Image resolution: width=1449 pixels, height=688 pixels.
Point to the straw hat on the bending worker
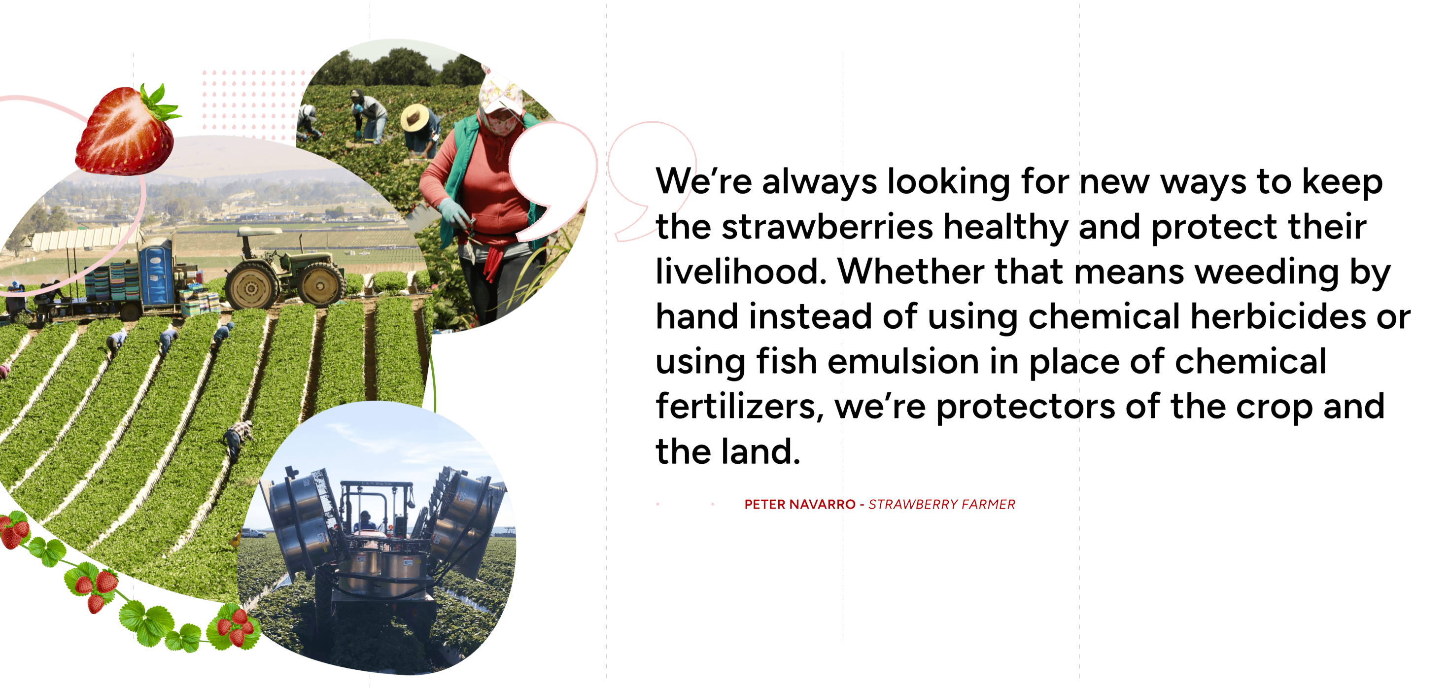point(414,117)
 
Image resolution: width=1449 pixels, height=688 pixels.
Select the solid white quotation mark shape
point(551,180)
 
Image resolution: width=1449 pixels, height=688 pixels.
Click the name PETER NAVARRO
point(799,505)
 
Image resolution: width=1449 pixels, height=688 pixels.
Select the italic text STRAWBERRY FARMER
point(942,505)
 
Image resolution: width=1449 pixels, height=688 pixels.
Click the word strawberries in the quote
point(827,227)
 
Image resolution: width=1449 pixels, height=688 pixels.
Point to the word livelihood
point(741,271)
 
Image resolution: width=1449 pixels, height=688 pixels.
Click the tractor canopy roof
point(259,231)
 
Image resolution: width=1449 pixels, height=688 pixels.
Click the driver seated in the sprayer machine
point(366,520)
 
